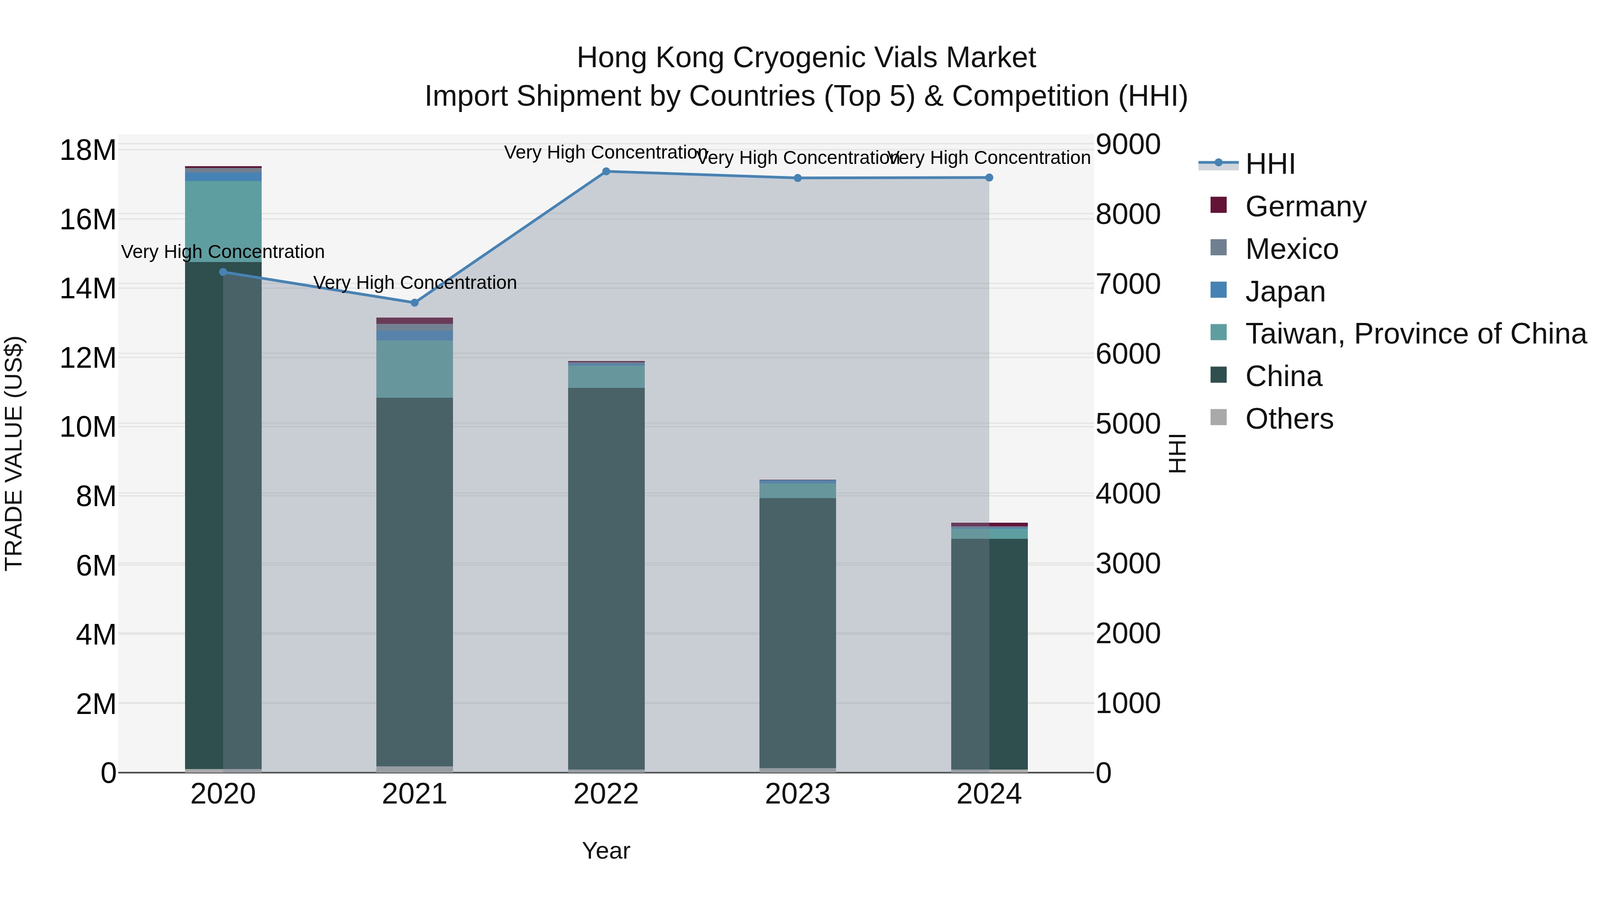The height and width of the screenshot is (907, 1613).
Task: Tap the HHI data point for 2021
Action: pyautogui.click(x=414, y=303)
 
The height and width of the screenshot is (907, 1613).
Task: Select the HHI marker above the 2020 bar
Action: pyautogui.click(x=223, y=272)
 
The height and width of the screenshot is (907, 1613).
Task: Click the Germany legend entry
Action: pyautogui.click(x=1306, y=206)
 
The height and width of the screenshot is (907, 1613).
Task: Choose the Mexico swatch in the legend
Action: pyautogui.click(x=1219, y=248)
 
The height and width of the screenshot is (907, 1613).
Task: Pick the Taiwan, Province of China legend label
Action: pyautogui.click(x=1416, y=334)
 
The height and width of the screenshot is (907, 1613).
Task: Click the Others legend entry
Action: pyautogui.click(x=1289, y=419)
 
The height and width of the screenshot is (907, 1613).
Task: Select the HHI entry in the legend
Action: pyautogui.click(x=1270, y=164)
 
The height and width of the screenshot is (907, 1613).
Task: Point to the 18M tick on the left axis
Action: pyautogui.click(x=88, y=150)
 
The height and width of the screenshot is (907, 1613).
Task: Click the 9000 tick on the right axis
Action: pyautogui.click(x=1128, y=144)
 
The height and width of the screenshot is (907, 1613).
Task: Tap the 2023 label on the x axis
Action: pyautogui.click(x=797, y=794)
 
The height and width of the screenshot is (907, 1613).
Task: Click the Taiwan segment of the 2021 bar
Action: pyautogui.click(x=414, y=370)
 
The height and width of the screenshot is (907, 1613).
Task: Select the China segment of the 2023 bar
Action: pyautogui.click(x=797, y=632)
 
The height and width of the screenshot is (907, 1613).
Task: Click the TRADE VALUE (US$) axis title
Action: pyautogui.click(x=14, y=453)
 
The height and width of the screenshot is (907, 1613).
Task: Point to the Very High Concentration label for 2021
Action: pyautogui.click(x=414, y=283)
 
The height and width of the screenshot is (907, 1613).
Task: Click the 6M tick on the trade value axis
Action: pyautogui.click(x=95, y=566)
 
